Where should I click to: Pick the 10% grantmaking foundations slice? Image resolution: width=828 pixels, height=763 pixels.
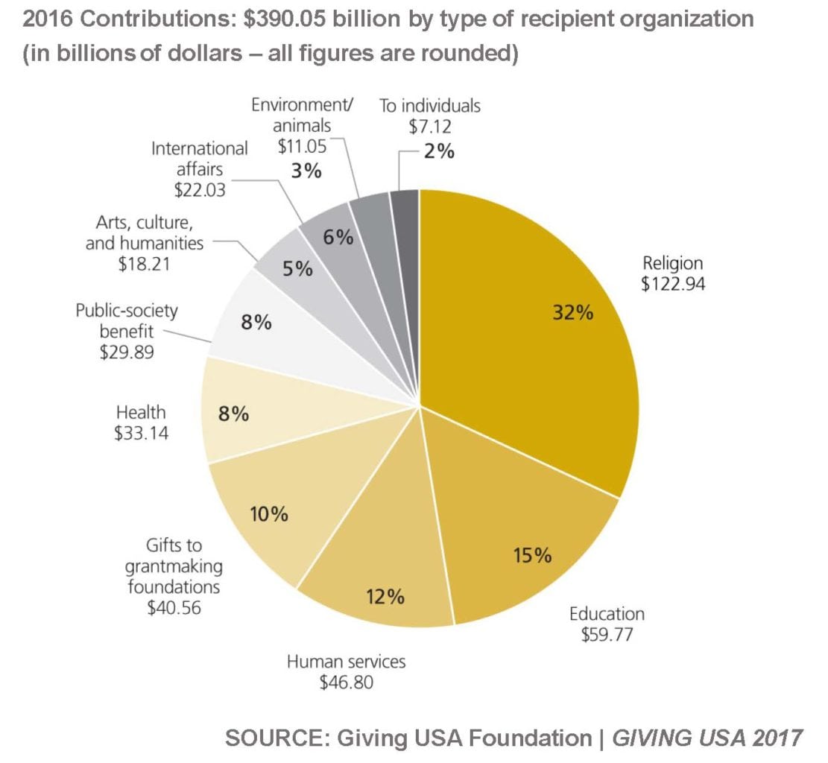276,514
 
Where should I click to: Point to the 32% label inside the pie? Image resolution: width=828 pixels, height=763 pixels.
572,312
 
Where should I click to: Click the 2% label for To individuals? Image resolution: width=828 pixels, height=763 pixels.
438,151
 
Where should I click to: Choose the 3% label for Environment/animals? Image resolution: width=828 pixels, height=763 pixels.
306,171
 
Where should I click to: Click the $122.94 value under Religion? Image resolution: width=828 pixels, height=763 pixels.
672,283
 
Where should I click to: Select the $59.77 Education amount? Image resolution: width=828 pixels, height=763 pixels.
607,635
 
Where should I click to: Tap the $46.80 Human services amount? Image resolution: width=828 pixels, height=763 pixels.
346,681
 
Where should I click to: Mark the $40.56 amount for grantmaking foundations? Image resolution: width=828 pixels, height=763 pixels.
174,607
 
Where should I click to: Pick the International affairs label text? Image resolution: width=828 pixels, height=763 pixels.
199,158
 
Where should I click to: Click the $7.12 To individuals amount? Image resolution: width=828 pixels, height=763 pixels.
429,126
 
